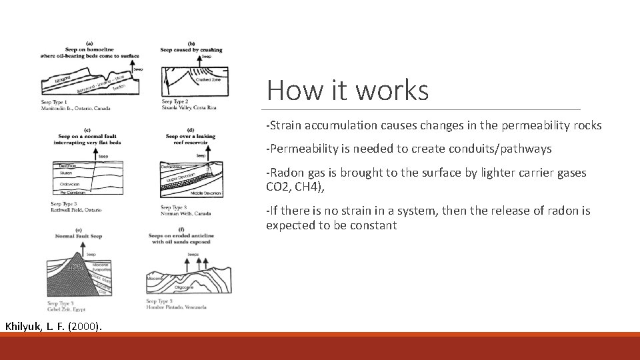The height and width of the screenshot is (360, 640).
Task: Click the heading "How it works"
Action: (x=347, y=90)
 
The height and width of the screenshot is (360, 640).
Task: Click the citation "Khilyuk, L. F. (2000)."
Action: (x=53, y=326)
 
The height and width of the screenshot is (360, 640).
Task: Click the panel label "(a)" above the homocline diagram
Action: (x=89, y=43)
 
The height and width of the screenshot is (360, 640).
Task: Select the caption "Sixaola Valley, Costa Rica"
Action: (x=189, y=108)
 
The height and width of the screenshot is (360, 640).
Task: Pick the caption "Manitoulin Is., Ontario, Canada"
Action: (x=75, y=108)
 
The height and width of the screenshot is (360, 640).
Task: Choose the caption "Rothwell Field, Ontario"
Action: (x=76, y=209)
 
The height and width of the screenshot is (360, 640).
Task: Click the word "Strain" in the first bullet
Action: (x=284, y=125)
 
